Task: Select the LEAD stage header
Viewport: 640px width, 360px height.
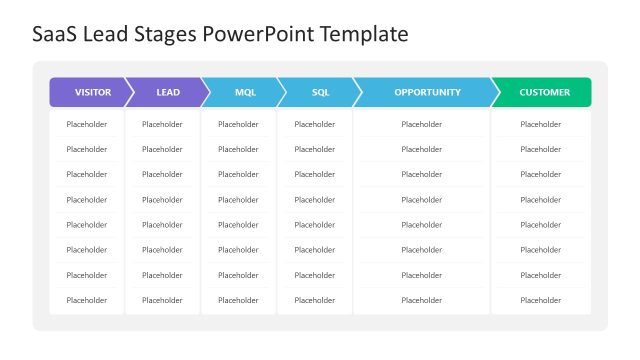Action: point(168,92)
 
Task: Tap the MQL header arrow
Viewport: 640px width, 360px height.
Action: point(244,92)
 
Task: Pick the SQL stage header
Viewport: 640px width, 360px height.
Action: point(320,92)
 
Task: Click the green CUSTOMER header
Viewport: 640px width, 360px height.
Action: point(544,92)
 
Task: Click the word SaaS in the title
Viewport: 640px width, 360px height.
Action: point(55,35)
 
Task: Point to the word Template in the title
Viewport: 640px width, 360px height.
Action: point(364,35)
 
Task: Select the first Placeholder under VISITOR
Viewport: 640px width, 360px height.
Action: point(86,124)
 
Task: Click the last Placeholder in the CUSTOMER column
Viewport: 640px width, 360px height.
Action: point(541,300)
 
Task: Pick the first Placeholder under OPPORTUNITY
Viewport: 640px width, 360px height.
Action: point(421,124)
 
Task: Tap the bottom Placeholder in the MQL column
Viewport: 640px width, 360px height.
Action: point(238,300)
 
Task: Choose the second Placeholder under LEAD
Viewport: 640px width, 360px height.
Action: point(162,149)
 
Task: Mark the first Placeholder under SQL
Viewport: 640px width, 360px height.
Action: point(314,124)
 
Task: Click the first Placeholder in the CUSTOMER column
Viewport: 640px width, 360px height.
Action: point(541,124)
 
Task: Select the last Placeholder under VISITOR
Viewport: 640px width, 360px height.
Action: point(86,300)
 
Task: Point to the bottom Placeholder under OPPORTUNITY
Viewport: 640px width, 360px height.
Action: point(421,300)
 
